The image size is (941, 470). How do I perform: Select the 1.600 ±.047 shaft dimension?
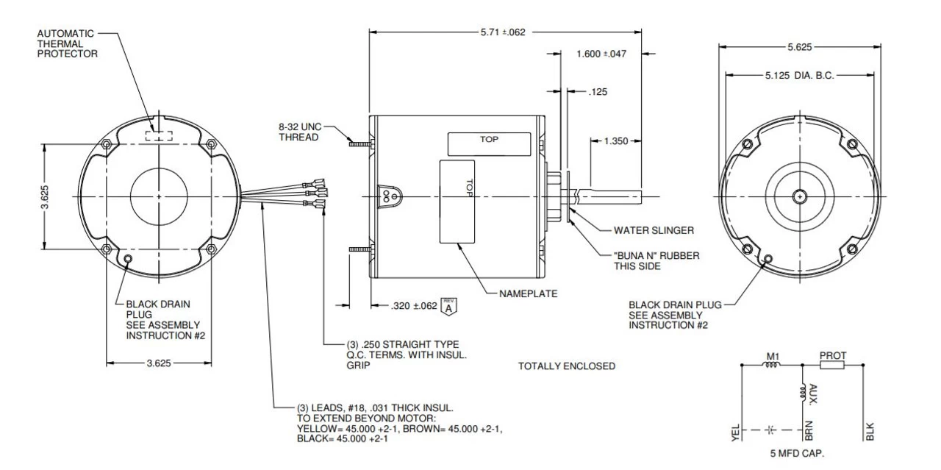point(601,54)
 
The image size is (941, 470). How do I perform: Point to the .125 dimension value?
point(598,93)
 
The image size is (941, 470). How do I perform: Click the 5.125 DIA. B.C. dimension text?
point(799,75)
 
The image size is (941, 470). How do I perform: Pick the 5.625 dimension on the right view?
point(800,46)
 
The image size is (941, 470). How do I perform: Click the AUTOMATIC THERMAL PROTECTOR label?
point(67,43)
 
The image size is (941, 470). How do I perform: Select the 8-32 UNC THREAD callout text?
point(299,132)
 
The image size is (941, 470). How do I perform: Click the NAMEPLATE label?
point(528,293)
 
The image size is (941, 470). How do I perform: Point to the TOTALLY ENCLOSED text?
point(567,366)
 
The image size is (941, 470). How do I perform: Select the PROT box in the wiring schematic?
point(832,365)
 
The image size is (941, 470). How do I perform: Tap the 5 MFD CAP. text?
point(797,453)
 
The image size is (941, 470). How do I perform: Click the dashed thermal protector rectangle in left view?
point(159,135)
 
